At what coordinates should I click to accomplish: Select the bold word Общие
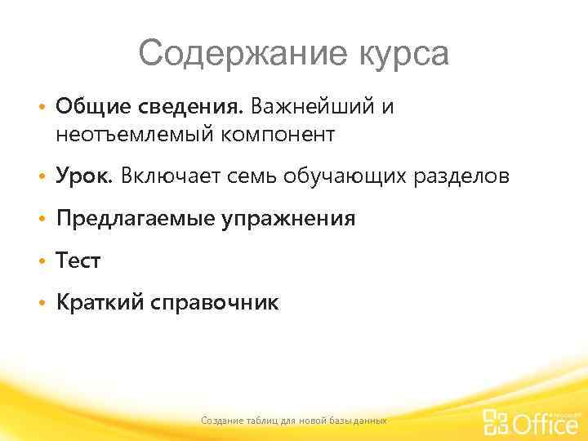coord(90,107)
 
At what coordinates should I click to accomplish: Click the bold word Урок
coord(85,176)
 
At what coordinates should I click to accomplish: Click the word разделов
coord(465,176)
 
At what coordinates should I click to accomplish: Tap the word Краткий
coord(99,303)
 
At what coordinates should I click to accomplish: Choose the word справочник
coord(214,303)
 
